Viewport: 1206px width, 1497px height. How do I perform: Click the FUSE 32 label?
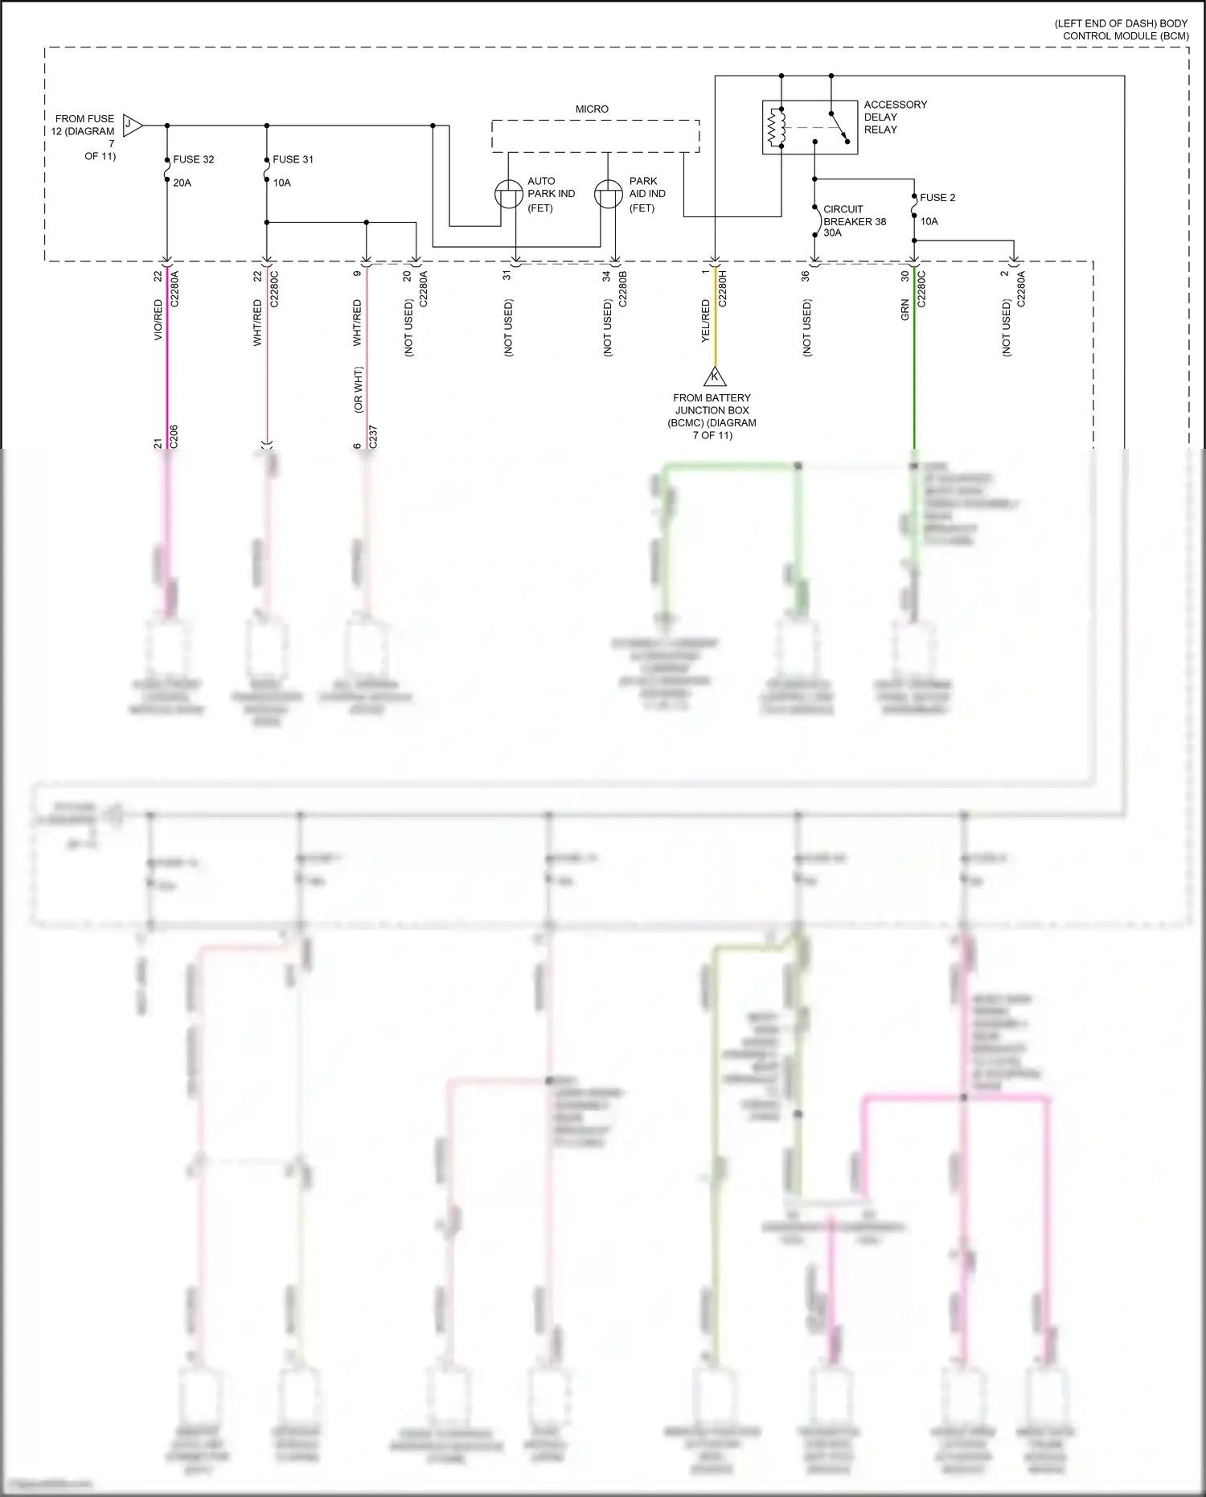(193, 159)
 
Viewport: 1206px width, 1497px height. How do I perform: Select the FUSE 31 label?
(293, 159)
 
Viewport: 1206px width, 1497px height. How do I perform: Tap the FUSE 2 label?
(937, 197)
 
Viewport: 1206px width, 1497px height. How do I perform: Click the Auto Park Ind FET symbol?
(508, 195)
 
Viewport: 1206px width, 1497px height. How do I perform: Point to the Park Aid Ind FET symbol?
(608, 195)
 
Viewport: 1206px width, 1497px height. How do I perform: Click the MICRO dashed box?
(595, 136)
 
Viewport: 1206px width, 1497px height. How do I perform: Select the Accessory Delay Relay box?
(810, 127)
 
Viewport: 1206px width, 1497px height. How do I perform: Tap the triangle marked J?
(132, 125)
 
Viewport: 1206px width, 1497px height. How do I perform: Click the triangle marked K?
(714, 376)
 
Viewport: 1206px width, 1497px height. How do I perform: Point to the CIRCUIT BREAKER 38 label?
(854, 220)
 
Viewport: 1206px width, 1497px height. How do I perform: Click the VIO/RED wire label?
(158, 319)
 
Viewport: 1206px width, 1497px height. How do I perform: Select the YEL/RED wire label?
(706, 321)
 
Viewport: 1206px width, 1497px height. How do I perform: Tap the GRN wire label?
(904, 311)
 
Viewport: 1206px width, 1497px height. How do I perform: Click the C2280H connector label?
(722, 289)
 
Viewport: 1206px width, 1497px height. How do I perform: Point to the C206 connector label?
(174, 437)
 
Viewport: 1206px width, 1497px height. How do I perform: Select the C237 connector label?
(373, 437)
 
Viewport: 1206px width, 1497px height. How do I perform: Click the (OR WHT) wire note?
(359, 389)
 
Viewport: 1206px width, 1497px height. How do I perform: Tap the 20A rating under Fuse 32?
(183, 183)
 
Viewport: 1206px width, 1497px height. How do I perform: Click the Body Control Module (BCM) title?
(1122, 30)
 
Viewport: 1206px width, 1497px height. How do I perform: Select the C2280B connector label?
(622, 289)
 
